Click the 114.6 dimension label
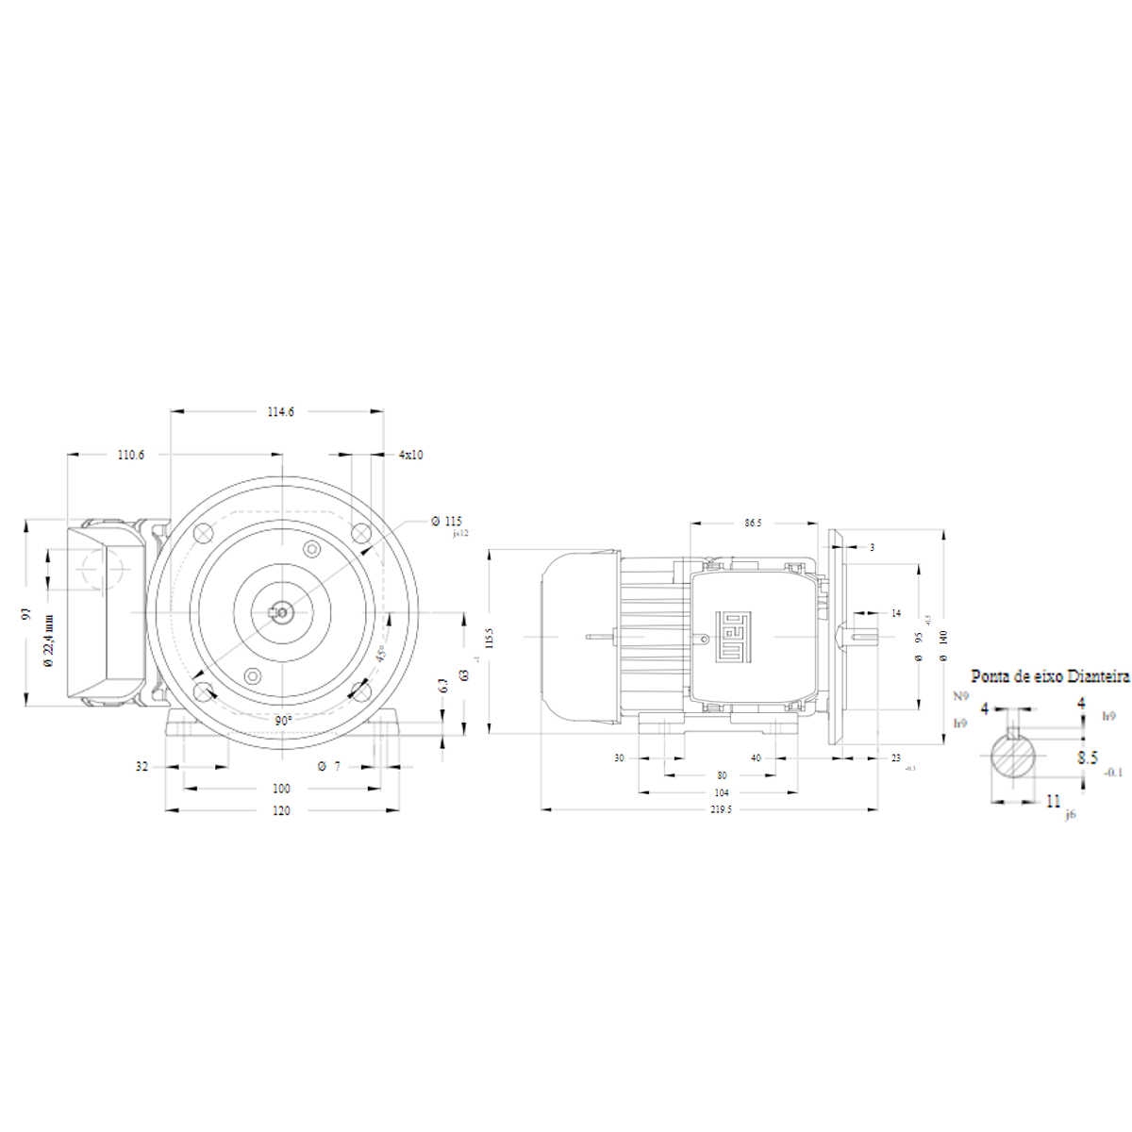pyautogui.click(x=280, y=411)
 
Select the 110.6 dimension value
pyautogui.click(x=131, y=455)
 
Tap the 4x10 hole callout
pyautogui.click(x=410, y=455)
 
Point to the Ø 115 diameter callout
pyautogui.click(x=446, y=521)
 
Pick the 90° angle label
pyautogui.click(x=282, y=720)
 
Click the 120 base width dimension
pyautogui.click(x=281, y=810)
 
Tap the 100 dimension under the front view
pyautogui.click(x=281, y=789)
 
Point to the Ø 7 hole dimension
pyautogui.click(x=329, y=767)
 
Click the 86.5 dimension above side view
pyautogui.click(x=754, y=522)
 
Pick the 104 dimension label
pyautogui.click(x=721, y=793)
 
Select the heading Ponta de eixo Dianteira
pyautogui.click(x=1050, y=676)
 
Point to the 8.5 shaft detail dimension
pyautogui.click(x=1088, y=757)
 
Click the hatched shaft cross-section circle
pyautogui.click(x=1014, y=756)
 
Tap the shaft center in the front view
pyautogui.click(x=281, y=614)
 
